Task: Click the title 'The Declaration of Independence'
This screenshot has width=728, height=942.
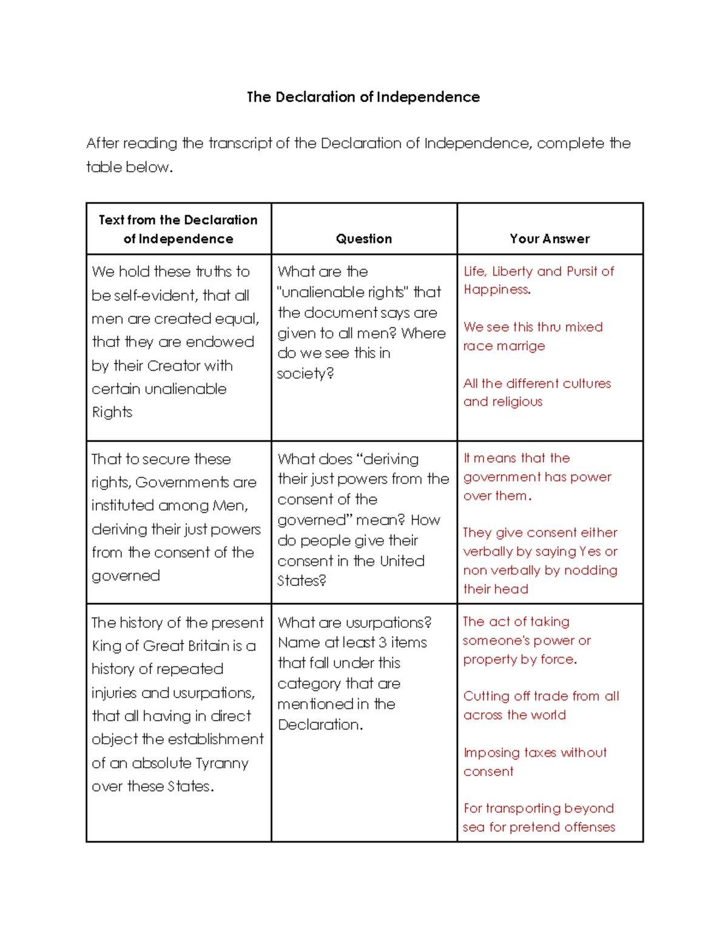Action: click(363, 97)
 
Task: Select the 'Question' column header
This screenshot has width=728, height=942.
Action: click(363, 239)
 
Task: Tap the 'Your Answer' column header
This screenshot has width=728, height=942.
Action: click(550, 239)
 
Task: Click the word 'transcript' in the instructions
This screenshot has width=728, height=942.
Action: click(240, 144)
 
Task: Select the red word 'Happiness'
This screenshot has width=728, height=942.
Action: click(496, 290)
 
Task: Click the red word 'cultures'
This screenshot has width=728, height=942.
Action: click(587, 383)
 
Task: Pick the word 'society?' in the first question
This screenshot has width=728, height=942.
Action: click(305, 374)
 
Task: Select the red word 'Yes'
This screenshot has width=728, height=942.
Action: click(590, 552)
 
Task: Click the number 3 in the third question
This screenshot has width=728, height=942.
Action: click(382, 643)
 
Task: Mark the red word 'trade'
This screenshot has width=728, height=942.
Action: click(551, 696)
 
